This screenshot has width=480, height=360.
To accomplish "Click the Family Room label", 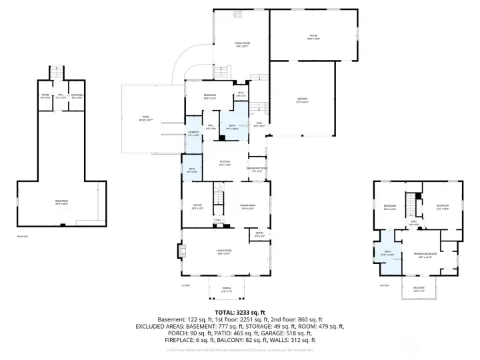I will tap(241, 45).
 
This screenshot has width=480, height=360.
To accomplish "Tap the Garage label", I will tap(302, 99).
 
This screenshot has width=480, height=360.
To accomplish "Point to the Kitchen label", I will tap(225, 163).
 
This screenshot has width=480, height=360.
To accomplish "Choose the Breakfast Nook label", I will tap(257, 169).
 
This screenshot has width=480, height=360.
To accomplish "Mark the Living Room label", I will tap(223, 251).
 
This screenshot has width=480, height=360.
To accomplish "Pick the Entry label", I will tap(259, 234).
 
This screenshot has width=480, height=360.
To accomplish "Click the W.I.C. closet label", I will tap(241, 94).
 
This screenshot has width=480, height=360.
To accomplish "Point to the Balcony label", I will tap(419, 289).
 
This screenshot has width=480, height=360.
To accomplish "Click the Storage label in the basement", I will tap(77, 96).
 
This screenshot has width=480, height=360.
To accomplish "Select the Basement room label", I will tap(61, 201).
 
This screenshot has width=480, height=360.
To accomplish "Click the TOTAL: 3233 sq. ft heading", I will tap(239, 312).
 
